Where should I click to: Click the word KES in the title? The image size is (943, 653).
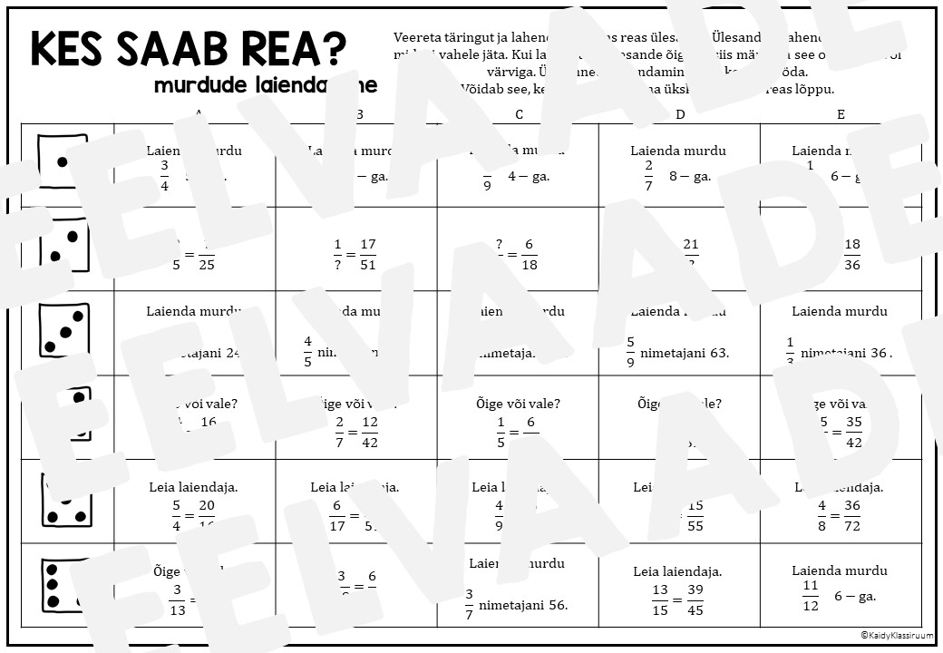click(73, 49)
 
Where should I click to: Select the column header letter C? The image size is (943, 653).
click(519, 114)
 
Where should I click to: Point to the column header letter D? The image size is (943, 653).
click(680, 114)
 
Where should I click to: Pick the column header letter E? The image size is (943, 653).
click(841, 114)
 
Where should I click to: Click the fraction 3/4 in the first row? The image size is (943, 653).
click(165, 177)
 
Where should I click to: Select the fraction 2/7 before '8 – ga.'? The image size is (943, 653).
click(648, 177)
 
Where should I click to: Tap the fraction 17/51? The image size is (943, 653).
click(367, 255)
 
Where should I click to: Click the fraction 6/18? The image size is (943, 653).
click(529, 255)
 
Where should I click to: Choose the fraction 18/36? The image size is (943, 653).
click(851, 255)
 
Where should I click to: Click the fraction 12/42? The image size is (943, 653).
click(369, 433)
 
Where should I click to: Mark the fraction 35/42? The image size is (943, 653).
click(852, 433)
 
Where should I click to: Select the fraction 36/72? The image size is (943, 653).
click(851, 516)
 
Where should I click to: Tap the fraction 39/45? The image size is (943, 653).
click(695, 600)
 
